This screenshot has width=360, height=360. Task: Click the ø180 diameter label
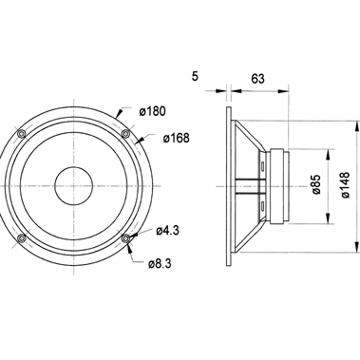click(x=152, y=111)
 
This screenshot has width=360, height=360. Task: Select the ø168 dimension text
click(x=177, y=138)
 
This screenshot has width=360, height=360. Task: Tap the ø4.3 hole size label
click(x=167, y=231)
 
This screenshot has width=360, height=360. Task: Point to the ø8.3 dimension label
click(x=160, y=263)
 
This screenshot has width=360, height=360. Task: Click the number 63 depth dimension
click(x=257, y=79)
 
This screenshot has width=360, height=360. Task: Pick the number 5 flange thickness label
click(x=195, y=76)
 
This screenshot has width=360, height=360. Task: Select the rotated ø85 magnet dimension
click(x=316, y=184)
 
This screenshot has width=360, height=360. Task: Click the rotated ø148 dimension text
click(x=346, y=185)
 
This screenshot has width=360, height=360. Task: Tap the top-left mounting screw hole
click(x=22, y=134)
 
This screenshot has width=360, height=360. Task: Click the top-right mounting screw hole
click(x=125, y=134)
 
